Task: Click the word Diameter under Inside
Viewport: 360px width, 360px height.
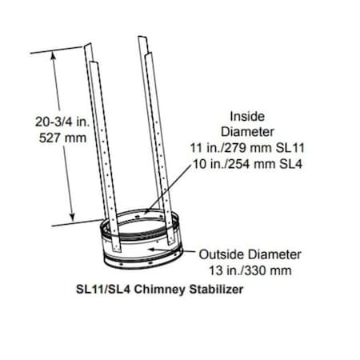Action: click(x=252, y=130)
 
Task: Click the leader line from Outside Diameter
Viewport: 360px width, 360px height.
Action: click(x=184, y=252)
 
